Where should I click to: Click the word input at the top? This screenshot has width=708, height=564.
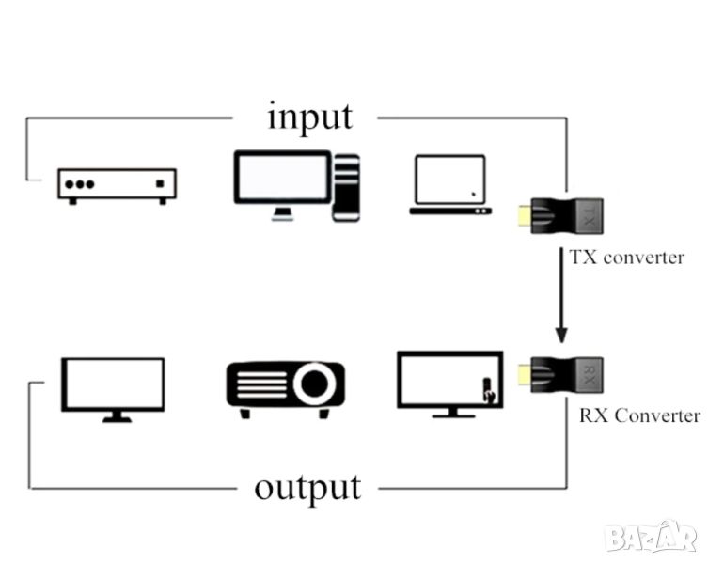(310, 117)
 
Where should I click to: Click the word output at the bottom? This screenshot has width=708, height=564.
(307, 487)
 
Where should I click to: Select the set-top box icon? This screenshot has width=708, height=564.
(117, 185)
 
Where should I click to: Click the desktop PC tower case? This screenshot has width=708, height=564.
(346, 187)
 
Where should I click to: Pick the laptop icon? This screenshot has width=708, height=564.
(450, 185)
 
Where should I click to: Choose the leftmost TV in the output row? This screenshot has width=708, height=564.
(113, 387)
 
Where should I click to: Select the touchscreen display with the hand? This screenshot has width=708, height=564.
(449, 383)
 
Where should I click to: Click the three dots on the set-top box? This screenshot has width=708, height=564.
(78, 183)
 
